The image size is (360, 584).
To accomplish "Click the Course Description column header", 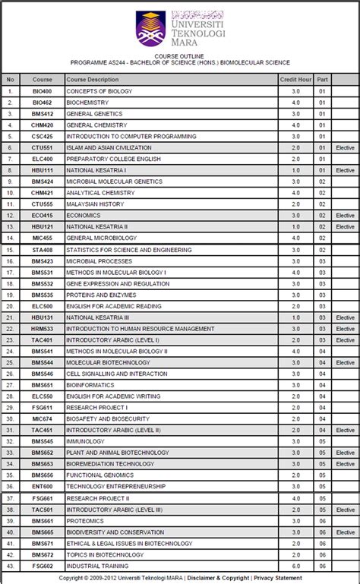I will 87,79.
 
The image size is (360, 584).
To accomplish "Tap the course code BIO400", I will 43,91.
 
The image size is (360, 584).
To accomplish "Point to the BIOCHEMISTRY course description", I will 87,103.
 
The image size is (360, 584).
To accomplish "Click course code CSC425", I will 43,137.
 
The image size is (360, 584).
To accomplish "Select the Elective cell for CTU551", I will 345,148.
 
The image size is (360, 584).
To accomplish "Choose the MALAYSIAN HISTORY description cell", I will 95,204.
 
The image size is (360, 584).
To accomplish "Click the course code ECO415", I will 43,216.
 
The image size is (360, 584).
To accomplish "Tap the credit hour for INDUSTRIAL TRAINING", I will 295,566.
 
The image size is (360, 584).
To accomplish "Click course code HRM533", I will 43,329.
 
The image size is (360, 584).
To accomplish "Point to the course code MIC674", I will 43,418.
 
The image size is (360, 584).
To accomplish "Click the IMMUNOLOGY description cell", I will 85,441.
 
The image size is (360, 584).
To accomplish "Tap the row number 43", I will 10,566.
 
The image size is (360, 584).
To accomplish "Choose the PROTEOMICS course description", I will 85,521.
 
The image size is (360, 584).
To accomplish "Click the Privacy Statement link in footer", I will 278,578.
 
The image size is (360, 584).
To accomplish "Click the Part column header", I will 322,79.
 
